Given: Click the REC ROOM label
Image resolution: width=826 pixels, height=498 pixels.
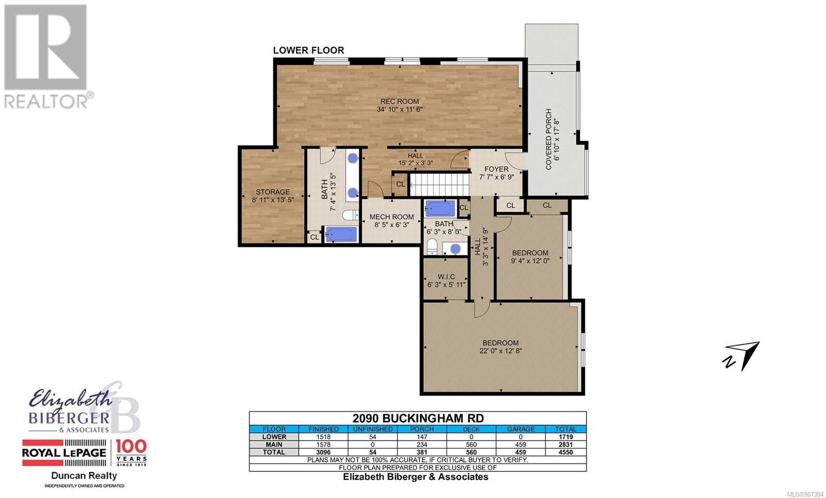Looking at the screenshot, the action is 400,101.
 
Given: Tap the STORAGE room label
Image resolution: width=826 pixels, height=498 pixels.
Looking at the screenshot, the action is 273,191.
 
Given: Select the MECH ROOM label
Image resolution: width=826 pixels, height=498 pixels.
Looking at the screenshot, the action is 392,217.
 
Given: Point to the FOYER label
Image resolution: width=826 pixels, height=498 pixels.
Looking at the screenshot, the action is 496,169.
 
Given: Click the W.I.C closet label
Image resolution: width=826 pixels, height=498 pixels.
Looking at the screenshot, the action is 446,277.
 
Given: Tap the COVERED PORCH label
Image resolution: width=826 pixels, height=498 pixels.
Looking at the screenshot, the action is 548,139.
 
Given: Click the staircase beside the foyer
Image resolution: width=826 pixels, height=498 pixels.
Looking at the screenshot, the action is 439,185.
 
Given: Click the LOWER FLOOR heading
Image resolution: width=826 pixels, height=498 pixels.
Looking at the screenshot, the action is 308,50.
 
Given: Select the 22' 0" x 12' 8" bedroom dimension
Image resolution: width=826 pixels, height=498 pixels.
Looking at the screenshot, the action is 500,351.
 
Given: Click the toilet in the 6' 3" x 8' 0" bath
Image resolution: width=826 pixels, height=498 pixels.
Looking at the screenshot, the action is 432,246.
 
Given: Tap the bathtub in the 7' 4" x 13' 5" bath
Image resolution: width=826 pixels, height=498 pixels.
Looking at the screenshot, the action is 341,234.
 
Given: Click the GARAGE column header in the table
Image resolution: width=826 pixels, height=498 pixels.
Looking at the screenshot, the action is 520,429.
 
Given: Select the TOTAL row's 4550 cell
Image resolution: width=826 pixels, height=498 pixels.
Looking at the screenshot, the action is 565,452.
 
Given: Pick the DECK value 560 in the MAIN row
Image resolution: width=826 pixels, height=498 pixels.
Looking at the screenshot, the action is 471,444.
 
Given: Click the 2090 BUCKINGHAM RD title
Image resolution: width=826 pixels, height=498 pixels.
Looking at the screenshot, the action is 418,419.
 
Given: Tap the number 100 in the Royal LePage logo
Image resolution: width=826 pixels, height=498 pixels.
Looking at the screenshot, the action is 131,446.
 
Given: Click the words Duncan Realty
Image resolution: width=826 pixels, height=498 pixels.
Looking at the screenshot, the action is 84,475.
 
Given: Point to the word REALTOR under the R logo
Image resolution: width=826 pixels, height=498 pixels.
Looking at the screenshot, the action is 45,101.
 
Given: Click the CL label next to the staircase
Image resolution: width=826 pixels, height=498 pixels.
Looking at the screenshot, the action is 401,184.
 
